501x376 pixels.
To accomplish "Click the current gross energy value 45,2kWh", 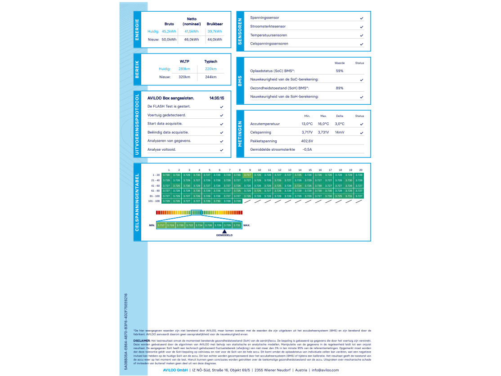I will [169, 31].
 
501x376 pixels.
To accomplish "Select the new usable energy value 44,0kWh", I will [215, 40].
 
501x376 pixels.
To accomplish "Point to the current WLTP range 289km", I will [184, 69].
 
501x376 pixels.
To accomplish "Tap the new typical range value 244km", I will [210, 77].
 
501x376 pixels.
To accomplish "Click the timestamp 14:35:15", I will [216, 98].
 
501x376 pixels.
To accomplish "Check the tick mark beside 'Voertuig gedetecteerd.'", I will [222, 115].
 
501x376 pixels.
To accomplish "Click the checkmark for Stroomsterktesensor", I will [362, 27].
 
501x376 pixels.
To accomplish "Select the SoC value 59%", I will [340, 71].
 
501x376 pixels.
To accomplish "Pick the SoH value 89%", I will [340, 88].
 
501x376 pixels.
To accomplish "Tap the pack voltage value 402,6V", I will [307, 141].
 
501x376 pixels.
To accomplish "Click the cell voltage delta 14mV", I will [340, 132].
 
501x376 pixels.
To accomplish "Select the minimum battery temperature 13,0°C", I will [307, 124].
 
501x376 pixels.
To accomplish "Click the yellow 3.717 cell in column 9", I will [247, 175].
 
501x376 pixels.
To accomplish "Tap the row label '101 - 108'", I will [154, 201].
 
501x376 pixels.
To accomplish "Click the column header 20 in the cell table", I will [361, 170].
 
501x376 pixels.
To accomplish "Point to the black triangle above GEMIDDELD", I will [224, 231].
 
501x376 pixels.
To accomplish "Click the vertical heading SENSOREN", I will [240, 31].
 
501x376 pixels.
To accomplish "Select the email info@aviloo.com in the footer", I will [325, 370].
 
